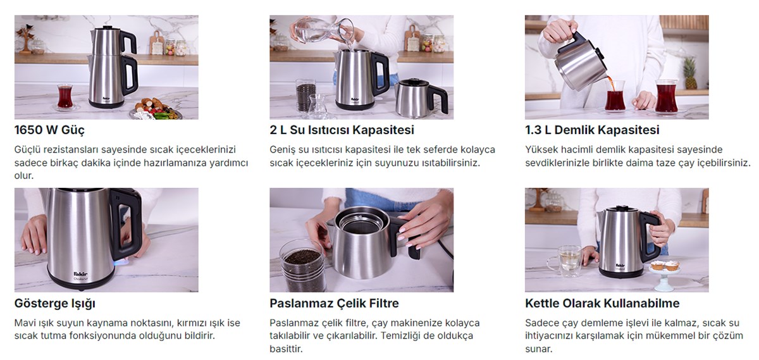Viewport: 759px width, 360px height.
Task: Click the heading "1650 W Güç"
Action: pyautogui.click(x=49, y=130)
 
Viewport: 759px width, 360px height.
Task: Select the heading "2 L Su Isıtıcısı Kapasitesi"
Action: pyautogui.click(x=342, y=130)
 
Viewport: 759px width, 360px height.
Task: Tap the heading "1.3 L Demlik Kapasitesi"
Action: pyautogui.click(x=592, y=130)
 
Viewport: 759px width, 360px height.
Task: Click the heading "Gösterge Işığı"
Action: pyautogui.click(x=55, y=304)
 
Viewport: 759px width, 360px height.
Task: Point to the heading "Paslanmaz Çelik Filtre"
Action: pyautogui.click(x=334, y=304)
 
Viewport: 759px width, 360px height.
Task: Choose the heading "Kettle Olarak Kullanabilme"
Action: pyautogui.click(x=602, y=304)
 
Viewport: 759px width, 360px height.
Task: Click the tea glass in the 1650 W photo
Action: pyautogui.click(x=65, y=97)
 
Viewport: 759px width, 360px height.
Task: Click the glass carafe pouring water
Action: pyautogui.click(x=324, y=30)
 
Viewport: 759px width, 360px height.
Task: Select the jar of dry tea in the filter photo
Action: pyautogui.click(x=302, y=266)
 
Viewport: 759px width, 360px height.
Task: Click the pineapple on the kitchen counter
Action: pyautogui.click(x=689, y=73)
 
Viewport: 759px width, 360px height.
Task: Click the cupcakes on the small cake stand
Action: pyautogui.click(x=665, y=266)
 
